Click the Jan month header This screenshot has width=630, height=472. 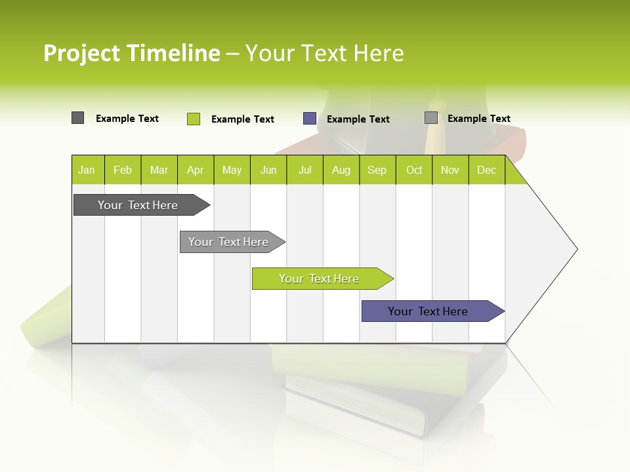pos(87,170)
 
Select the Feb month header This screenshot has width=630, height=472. pos(123,170)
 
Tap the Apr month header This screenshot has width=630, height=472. pos(196,170)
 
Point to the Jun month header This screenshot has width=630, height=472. pos(268,170)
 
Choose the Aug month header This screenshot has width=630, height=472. pos(341,170)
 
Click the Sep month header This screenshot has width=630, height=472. pos(377,170)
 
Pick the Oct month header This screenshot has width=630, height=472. pos(414,170)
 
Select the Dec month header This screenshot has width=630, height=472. pos(487,170)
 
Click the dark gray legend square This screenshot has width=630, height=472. pos(77,118)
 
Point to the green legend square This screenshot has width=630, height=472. pos(194,119)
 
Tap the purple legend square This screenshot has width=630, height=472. pos(310,119)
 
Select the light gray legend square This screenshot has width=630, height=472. pos(431,118)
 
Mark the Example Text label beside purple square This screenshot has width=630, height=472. pos(358,119)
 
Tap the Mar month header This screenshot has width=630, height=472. pos(159,170)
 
